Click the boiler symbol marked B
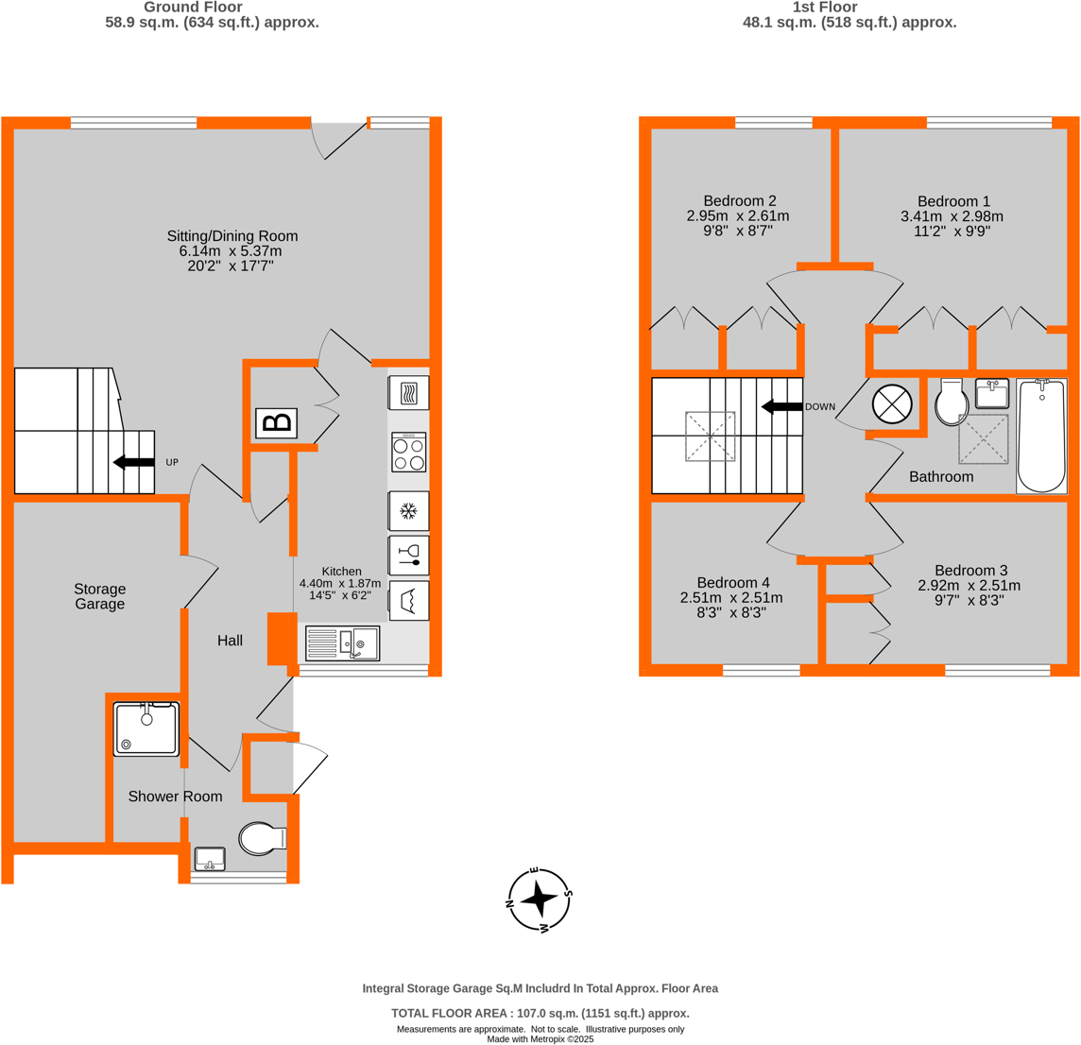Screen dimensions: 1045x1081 pyautogui.click(x=276, y=422)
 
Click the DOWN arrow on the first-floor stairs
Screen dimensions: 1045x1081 pyautogui.click(x=781, y=407)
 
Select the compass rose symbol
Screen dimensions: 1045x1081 pyautogui.click(x=539, y=899)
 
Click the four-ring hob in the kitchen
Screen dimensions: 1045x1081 pyautogui.click(x=408, y=453)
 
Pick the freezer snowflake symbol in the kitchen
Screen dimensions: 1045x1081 pyautogui.click(x=408, y=511)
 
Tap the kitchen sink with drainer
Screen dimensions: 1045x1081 pyautogui.click(x=342, y=643)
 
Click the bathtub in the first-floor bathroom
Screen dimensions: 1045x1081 pyautogui.click(x=1041, y=435)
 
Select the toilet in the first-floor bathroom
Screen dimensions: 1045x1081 pyautogui.click(x=949, y=403)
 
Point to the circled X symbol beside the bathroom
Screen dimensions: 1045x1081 pyautogui.click(x=891, y=404)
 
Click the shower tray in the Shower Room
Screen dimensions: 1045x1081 pyautogui.click(x=146, y=728)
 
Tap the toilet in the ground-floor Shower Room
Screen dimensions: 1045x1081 pyautogui.click(x=262, y=837)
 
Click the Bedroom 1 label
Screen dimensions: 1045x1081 pyautogui.click(x=952, y=201)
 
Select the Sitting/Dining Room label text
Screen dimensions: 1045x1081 pyautogui.click(x=232, y=236)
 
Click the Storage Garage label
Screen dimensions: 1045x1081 pyautogui.click(x=99, y=596)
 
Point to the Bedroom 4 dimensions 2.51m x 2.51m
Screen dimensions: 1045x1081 pyautogui.click(x=730, y=597)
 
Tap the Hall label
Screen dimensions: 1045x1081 pyautogui.click(x=230, y=641)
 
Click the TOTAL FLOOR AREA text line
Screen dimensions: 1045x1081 pyautogui.click(x=540, y=1013)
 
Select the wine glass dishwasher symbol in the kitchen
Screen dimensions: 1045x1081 pyautogui.click(x=408, y=556)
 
